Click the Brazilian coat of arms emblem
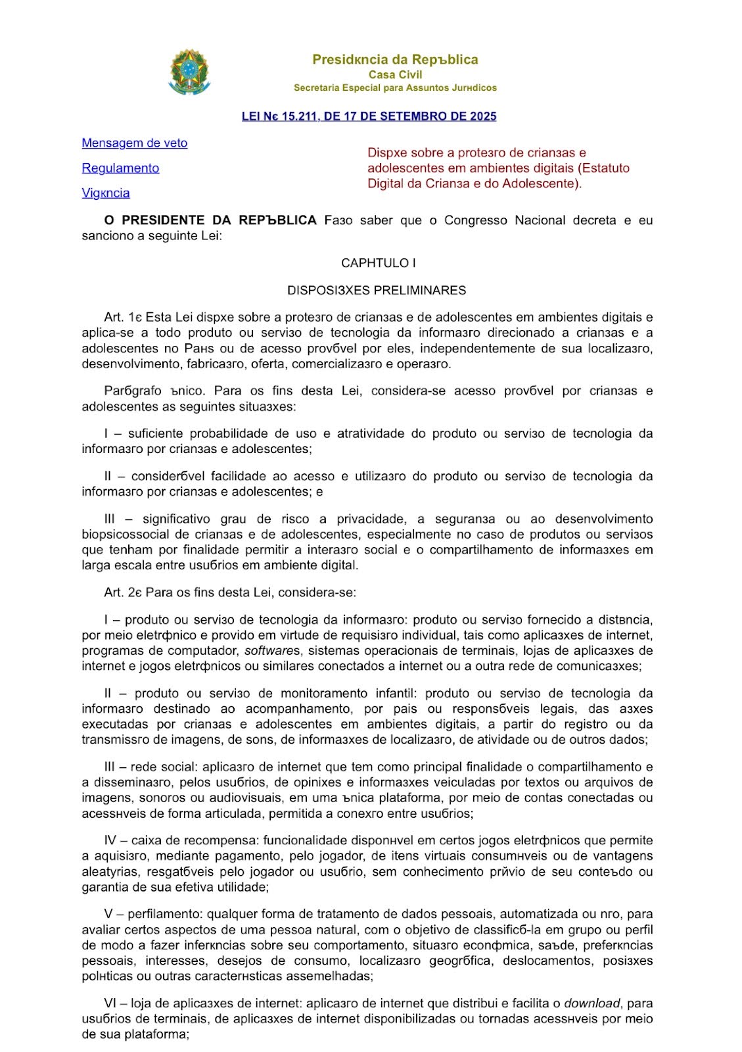[x=189, y=71]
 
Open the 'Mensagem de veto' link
[x=134, y=143]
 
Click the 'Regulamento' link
[x=120, y=168]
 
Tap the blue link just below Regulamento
[x=105, y=193]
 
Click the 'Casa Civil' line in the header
[x=395, y=74]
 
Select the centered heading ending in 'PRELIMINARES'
[x=377, y=290]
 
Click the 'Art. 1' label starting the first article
[x=122, y=318]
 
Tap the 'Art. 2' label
[x=122, y=592]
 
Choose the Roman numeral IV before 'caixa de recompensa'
[x=110, y=840]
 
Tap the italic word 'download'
[x=591, y=1003]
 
